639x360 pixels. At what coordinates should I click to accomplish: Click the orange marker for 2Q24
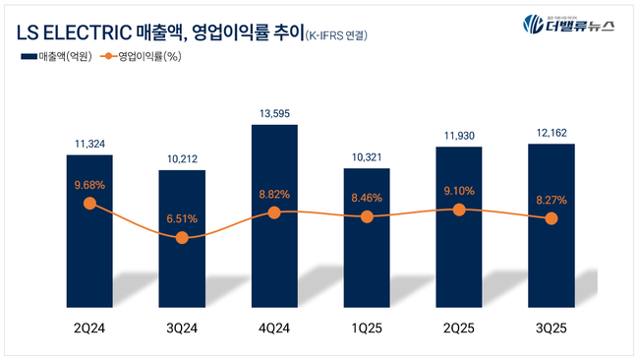pos(90,204)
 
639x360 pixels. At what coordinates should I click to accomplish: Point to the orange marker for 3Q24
pos(182,237)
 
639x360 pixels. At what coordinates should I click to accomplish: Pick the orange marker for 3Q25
pos(552,218)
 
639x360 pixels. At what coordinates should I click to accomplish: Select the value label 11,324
pos(90,145)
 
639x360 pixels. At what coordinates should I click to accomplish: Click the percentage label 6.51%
pos(182,218)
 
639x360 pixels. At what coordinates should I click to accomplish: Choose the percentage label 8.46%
pos(367,197)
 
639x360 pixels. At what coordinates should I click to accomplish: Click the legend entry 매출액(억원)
pos(59,57)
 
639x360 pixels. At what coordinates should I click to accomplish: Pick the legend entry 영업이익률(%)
pos(147,57)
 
